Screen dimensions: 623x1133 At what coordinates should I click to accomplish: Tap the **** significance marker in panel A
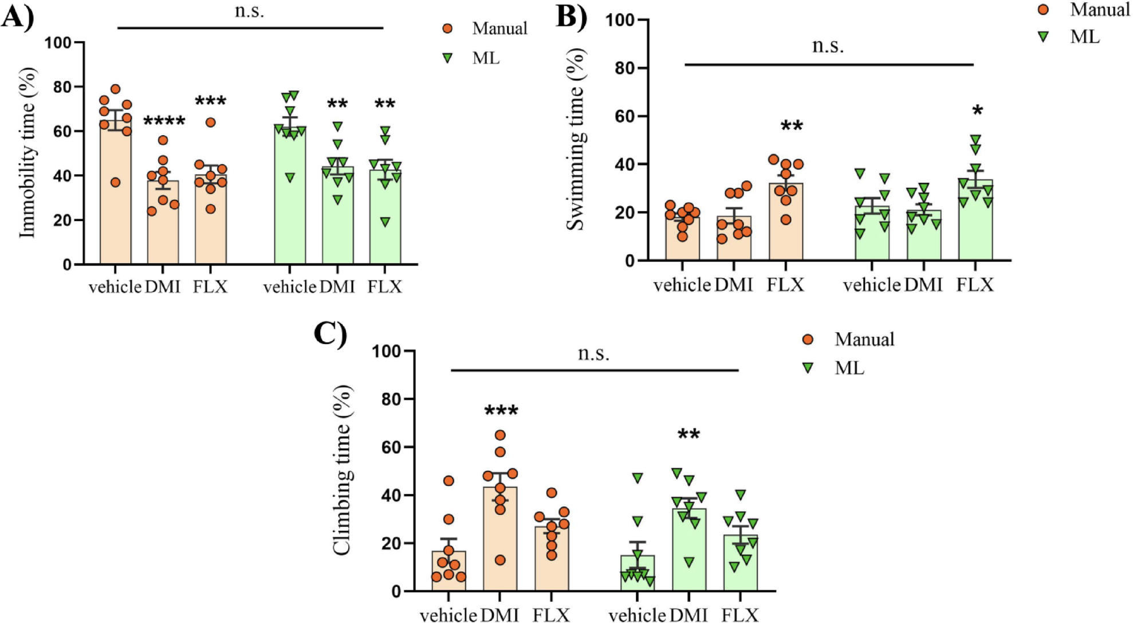click(164, 121)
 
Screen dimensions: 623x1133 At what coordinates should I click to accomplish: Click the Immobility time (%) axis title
click(27, 153)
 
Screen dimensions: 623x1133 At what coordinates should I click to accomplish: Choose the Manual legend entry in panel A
click(498, 29)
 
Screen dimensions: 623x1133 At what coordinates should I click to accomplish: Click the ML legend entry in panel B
click(1084, 37)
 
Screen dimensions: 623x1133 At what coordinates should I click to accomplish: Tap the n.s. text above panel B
click(828, 45)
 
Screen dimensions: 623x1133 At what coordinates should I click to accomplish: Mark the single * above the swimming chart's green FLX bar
click(978, 111)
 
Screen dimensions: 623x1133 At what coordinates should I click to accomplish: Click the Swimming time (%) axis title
click(576, 140)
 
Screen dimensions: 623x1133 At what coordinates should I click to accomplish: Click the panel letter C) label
click(331, 334)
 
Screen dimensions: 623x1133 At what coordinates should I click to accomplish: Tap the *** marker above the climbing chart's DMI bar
click(501, 411)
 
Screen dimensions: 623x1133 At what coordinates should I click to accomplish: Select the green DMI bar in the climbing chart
click(689, 550)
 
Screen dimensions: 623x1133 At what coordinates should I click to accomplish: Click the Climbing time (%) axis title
click(341, 470)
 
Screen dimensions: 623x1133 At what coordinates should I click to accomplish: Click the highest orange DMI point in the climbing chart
click(500, 435)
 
